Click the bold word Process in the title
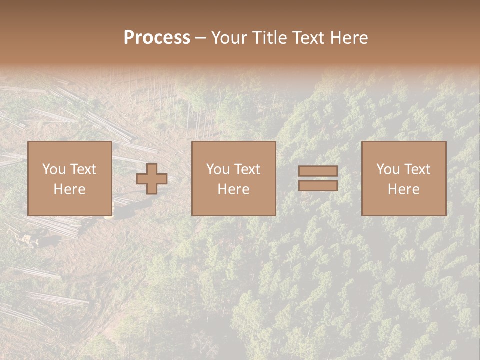point(157,37)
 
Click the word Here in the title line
point(350,37)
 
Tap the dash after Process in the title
point(200,38)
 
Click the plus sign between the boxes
point(152,179)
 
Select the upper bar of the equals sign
point(318,171)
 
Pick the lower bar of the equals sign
point(318,186)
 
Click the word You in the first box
point(53,169)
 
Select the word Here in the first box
point(69,189)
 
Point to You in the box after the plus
point(217,169)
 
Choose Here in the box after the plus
point(233,189)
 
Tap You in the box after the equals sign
point(387,169)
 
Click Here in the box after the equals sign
point(403,189)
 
